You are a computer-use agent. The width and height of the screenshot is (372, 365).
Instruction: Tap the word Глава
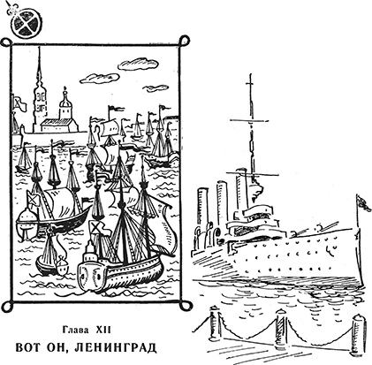click(x=75, y=330)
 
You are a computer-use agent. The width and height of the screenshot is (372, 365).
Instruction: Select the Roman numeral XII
click(x=103, y=330)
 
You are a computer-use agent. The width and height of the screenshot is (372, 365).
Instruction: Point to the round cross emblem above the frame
click(x=26, y=24)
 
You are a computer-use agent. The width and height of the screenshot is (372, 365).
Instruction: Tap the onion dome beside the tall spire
click(x=65, y=103)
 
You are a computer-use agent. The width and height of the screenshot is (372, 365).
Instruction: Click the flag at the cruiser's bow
click(x=363, y=203)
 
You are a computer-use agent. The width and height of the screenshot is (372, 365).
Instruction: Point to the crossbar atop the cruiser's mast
click(x=249, y=120)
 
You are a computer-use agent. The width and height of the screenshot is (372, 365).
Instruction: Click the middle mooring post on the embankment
click(x=282, y=327)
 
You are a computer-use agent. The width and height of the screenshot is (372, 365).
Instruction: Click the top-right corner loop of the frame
click(x=184, y=41)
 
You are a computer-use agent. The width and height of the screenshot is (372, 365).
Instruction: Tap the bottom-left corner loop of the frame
click(x=7, y=306)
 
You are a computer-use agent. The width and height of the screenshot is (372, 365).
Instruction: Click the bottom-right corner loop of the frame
click(x=186, y=307)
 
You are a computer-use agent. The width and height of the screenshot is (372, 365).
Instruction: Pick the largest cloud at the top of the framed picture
click(x=139, y=64)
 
